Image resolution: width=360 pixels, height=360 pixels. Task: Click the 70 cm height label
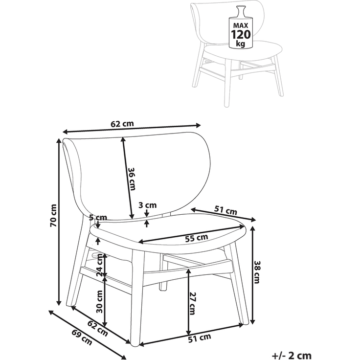pyautogui.click(x=53, y=215)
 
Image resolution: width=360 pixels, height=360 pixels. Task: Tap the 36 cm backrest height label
pyautogui.click(x=132, y=179)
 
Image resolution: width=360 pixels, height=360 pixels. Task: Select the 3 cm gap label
pyautogui.click(x=148, y=205)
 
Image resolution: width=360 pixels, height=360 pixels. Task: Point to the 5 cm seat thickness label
pyautogui.click(x=98, y=217)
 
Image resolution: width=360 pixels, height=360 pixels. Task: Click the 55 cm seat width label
pyautogui.click(x=197, y=238)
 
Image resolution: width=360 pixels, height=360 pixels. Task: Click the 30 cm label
pyautogui.click(x=100, y=302)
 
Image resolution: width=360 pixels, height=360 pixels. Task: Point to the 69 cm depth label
pyautogui.click(x=82, y=337)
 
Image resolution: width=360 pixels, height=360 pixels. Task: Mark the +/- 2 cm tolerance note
pyautogui.click(x=292, y=356)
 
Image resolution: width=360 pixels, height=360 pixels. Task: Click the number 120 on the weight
pyautogui.click(x=241, y=35)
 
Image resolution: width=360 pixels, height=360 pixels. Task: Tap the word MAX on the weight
pyautogui.click(x=241, y=25)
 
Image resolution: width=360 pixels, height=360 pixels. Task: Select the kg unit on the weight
pyautogui.click(x=241, y=44)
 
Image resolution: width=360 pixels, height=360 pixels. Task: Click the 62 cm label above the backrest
pyautogui.click(x=122, y=124)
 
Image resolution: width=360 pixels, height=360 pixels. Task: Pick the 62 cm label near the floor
pyautogui.click(x=97, y=328)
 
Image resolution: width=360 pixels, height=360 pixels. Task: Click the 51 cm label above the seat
pyautogui.click(x=225, y=210)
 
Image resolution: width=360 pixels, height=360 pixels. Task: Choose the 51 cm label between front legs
pyautogui.click(x=200, y=338)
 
